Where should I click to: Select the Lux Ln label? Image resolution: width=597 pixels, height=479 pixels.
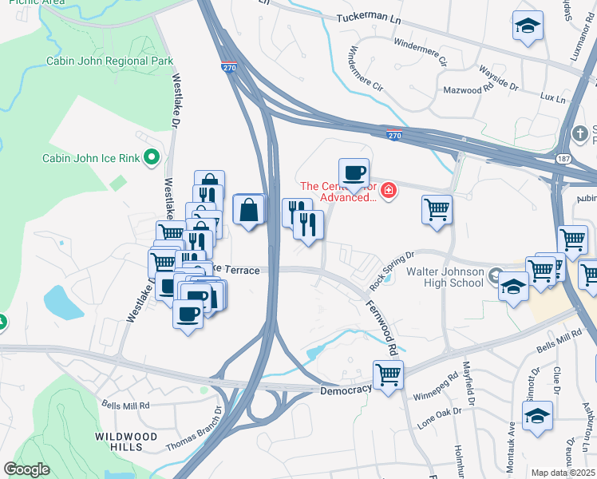(x=552, y=97)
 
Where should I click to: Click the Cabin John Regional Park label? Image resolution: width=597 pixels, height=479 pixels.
(x=109, y=61)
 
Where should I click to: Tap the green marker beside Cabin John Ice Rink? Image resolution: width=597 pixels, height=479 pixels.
(x=152, y=158)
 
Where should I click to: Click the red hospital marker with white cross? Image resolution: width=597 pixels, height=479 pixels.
(x=389, y=191)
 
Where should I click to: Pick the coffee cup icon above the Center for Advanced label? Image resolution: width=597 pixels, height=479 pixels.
(x=354, y=172)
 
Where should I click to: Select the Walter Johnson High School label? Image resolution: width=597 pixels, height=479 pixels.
(x=445, y=277)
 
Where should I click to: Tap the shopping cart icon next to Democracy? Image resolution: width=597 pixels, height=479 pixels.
(x=388, y=373)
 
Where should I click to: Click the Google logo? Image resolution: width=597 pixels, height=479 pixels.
(x=26, y=469)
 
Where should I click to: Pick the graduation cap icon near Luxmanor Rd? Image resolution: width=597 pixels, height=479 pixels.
(x=527, y=27)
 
